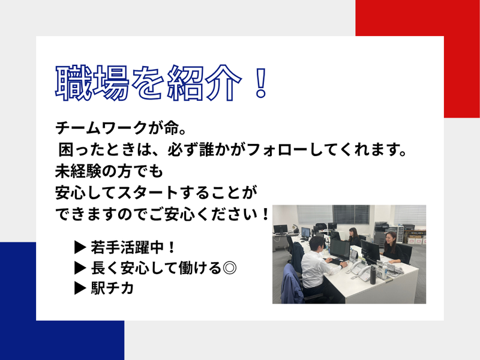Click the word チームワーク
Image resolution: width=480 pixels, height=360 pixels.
tap(95, 128)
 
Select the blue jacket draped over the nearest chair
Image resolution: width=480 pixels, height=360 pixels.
tap(292, 281)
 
